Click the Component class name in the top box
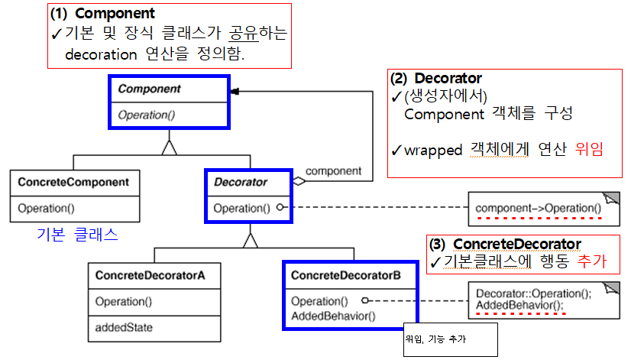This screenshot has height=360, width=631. pyautogui.click(x=149, y=89)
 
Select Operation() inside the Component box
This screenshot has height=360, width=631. pyautogui.click(x=149, y=115)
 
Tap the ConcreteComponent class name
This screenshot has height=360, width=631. pyautogui.click(x=73, y=183)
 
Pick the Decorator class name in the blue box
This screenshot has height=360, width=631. pyautogui.click(x=241, y=183)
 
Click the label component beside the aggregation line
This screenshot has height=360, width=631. pyautogui.click(x=334, y=171)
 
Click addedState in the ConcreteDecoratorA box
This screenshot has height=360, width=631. pyautogui.click(x=125, y=327)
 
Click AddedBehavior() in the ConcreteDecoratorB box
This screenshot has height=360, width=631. pyautogui.click(x=333, y=316)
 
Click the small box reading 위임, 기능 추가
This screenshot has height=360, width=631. pyautogui.click(x=449, y=339)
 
